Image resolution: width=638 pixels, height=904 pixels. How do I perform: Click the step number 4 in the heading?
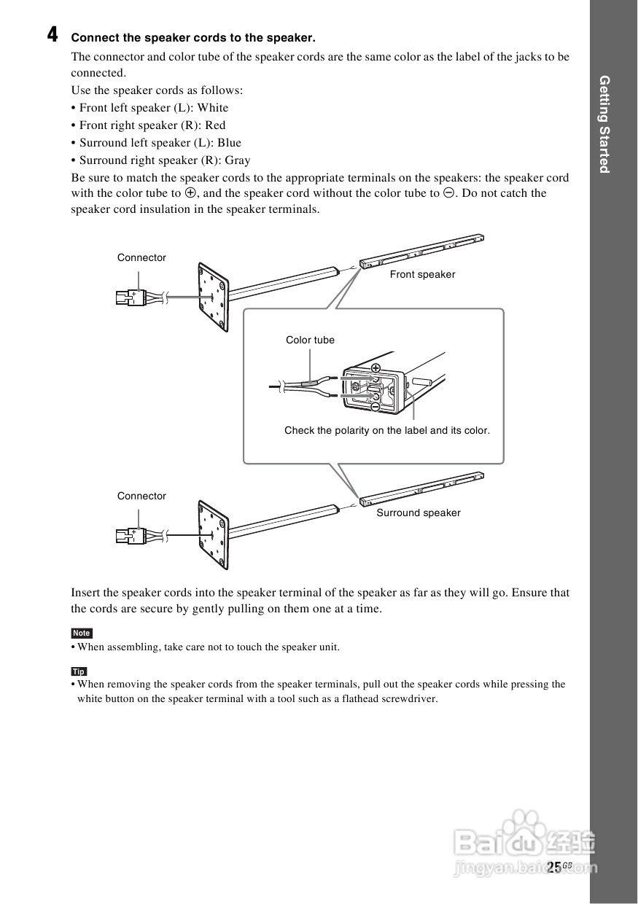point(52,34)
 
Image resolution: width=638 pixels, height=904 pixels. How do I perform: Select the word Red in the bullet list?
point(215,125)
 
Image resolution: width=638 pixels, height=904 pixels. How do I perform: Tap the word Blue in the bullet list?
point(229,143)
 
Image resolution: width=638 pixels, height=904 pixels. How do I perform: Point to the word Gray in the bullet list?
point(237,160)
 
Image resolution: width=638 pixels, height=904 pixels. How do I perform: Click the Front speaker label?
point(422,275)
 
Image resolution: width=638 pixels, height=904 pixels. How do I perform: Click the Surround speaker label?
point(419,513)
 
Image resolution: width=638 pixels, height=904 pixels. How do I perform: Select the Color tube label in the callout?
point(310,340)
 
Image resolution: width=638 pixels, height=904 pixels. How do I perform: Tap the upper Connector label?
point(141,258)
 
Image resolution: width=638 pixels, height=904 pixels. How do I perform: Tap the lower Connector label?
point(141,496)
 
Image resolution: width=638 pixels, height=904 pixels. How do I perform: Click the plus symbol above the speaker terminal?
point(376,368)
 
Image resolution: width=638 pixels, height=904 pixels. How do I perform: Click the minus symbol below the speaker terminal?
point(375,407)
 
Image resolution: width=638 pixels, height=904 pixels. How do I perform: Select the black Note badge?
point(82,633)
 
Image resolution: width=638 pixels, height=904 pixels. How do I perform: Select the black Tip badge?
point(79,671)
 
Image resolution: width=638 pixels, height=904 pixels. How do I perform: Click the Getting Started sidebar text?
point(604,125)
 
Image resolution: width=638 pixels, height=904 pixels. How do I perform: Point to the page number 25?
point(553,867)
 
